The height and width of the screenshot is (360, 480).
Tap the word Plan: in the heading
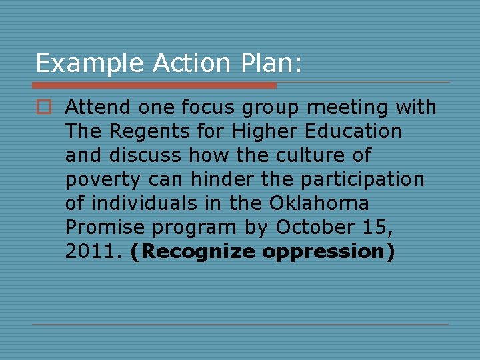(x=275, y=64)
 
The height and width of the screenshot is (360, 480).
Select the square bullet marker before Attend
(x=44, y=107)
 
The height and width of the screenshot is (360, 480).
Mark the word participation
(x=362, y=180)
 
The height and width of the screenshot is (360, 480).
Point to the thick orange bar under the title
(x=154, y=85)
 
